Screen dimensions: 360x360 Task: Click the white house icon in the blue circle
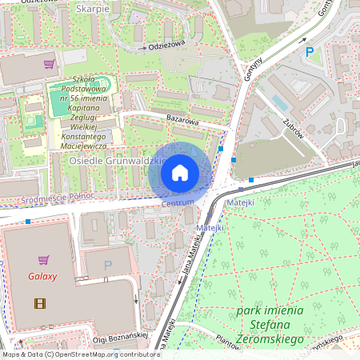click(180, 172)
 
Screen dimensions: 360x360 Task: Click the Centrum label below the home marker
click(177, 205)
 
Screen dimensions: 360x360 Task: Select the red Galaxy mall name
click(42, 277)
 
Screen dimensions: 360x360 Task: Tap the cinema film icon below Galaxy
click(40, 302)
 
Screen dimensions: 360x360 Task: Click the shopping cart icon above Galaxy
click(44, 259)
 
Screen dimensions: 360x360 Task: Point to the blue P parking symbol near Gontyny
click(310, 52)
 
